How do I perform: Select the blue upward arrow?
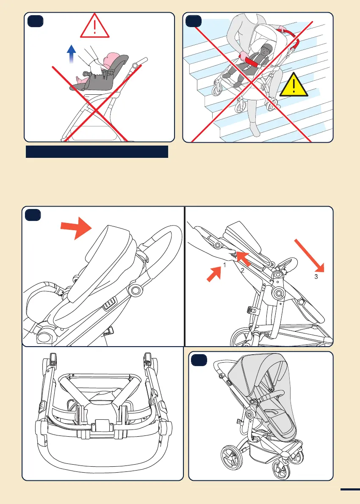point(72,55)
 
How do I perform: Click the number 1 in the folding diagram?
point(225,265)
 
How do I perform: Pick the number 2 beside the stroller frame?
point(243,270)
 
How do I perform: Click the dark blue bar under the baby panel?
point(97,151)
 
